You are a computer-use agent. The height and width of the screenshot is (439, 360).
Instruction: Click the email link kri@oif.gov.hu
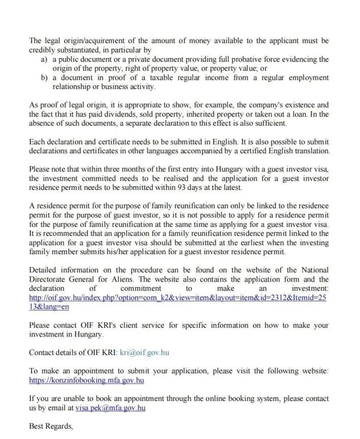[145, 353]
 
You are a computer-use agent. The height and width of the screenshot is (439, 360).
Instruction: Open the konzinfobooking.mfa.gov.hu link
[86, 380]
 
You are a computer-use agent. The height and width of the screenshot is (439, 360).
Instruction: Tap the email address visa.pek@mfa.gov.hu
[111, 408]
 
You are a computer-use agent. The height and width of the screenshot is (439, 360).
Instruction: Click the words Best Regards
[51, 426]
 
